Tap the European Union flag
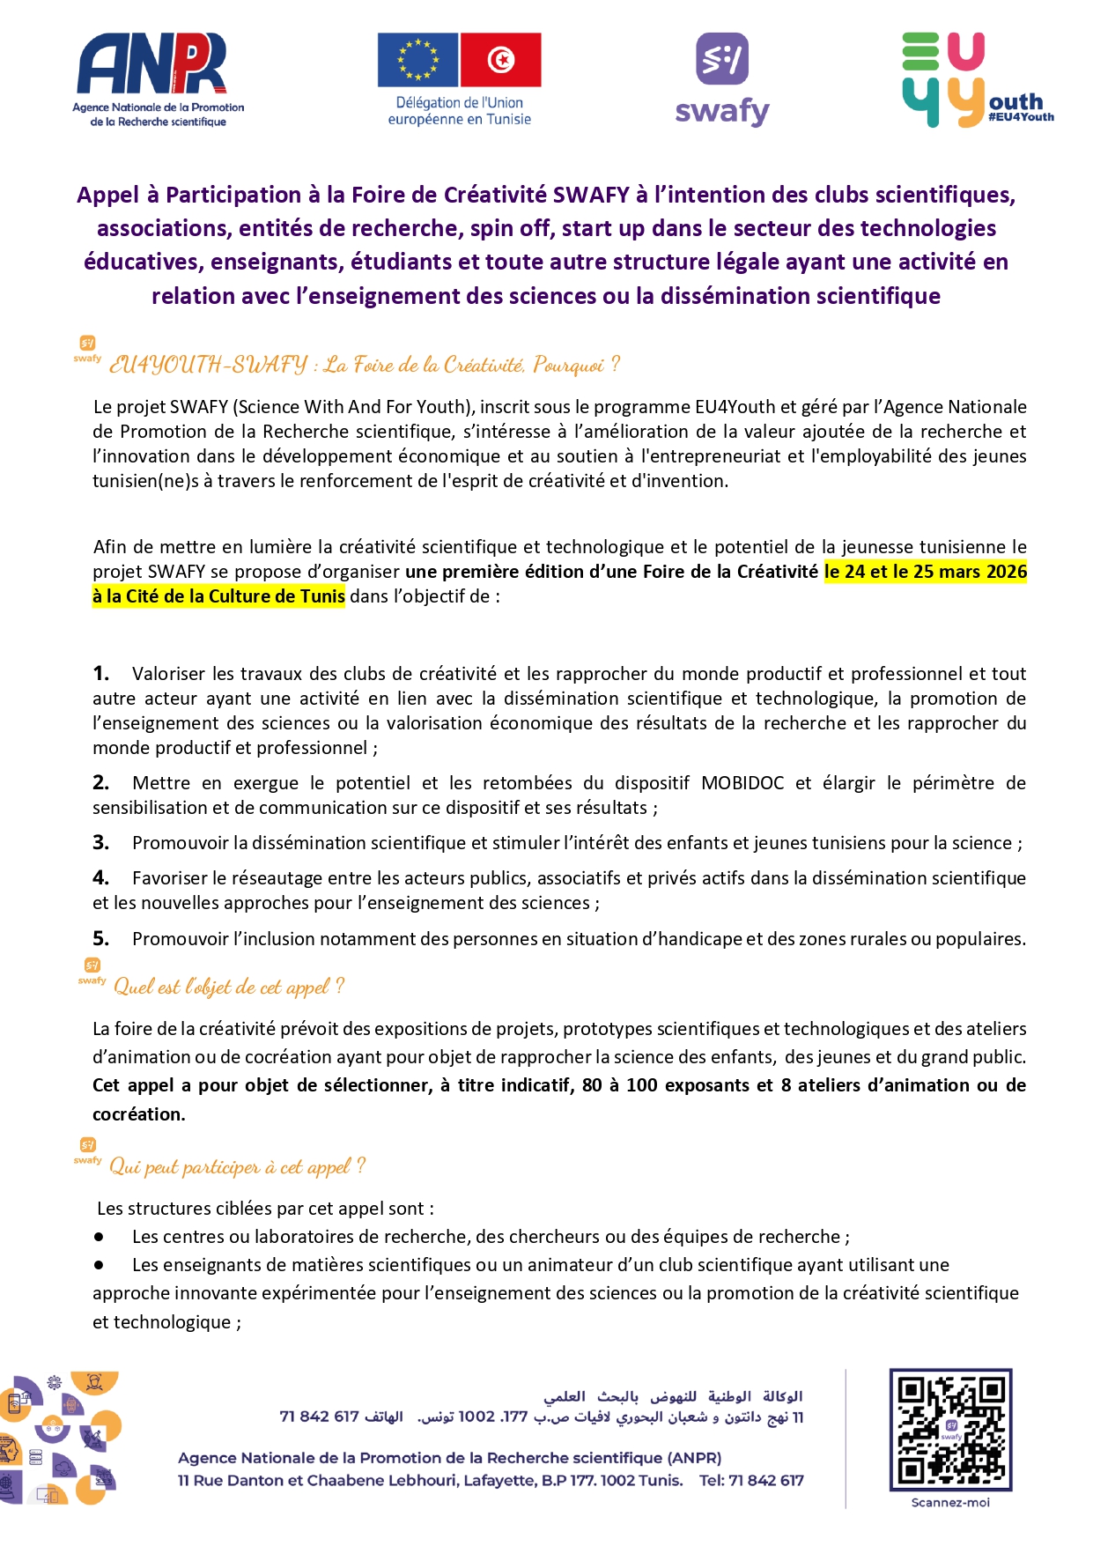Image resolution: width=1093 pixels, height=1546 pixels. pyautogui.click(x=417, y=60)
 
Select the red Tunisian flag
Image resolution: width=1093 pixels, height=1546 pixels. pyautogui.click(x=500, y=60)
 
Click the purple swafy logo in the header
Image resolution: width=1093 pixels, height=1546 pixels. pyautogui.click(x=722, y=79)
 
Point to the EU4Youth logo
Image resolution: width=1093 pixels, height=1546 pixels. pyautogui.click(x=976, y=79)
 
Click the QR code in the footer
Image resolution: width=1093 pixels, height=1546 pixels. pyautogui.click(x=950, y=1429)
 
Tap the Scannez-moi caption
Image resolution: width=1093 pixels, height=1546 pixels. pyautogui.click(x=950, y=1503)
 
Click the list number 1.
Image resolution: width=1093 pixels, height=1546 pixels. pyautogui.click(x=100, y=674)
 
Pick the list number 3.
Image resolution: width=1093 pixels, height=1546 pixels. pyautogui.click(x=100, y=843)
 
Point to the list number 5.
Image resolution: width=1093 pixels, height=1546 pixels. pyautogui.click(x=100, y=939)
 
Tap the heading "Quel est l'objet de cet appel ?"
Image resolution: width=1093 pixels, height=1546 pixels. pyautogui.click(x=229, y=987)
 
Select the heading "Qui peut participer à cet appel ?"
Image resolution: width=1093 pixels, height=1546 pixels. pyautogui.click(x=237, y=1167)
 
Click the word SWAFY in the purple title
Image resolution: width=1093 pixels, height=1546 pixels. pyautogui.click(x=591, y=195)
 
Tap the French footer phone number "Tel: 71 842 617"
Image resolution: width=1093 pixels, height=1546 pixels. pyautogui.click(x=751, y=1480)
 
